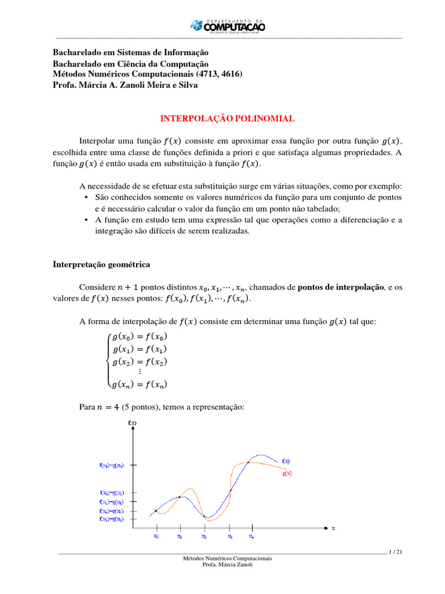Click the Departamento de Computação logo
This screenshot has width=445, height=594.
(228, 26)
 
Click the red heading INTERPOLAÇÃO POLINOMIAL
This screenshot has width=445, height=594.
(227, 118)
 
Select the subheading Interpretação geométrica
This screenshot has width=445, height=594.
(101, 265)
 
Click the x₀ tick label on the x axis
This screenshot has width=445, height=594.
(156, 537)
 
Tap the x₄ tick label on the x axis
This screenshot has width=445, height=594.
(251, 537)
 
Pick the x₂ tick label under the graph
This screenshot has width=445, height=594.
(204, 537)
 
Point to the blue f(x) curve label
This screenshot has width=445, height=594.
(286, 461)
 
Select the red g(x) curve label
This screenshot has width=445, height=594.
(287, 473)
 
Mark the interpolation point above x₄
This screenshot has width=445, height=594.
(249, 462)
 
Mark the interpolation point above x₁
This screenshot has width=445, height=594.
(180, 497)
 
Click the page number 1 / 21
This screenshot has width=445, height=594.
(396, 552)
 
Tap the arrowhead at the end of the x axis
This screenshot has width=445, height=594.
(324, 528)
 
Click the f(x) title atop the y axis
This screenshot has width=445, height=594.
(132, 422)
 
